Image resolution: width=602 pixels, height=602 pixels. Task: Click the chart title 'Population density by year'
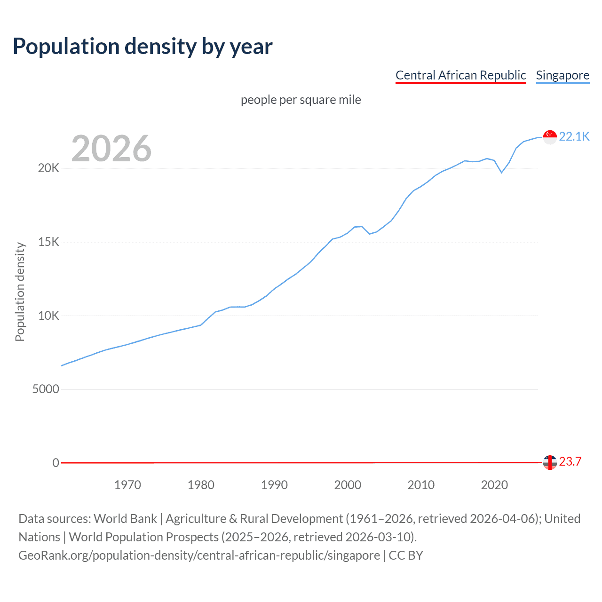(143, 47)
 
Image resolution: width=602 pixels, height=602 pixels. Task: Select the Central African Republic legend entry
(460, 75)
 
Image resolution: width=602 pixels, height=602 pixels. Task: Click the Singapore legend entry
(562, 75)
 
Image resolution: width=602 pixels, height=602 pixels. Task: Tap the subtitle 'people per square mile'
(301, 100)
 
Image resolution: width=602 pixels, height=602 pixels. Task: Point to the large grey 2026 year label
(111, 149)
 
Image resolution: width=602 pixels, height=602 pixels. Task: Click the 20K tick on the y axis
(48, 168)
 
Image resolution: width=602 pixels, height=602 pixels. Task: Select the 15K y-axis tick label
(48, 242)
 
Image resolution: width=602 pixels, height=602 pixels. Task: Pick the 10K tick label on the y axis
(48, 316)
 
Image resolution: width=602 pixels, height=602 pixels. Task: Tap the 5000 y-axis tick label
(46, 389)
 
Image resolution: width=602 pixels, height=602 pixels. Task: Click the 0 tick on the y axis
(55, 463)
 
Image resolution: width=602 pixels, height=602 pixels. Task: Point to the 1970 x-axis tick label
(127, 485)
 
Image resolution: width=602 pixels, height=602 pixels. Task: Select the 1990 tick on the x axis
(274, 485)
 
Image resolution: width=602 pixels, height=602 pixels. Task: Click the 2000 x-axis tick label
(348, 485)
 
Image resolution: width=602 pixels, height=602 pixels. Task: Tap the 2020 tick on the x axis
(494, 485)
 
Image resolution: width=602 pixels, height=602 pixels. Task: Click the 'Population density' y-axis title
(20, 292)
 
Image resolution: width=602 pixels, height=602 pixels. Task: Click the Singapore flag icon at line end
(550, 137)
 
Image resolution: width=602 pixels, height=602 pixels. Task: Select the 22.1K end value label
(574, 136)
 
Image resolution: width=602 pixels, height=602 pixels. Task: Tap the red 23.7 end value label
(570, 461)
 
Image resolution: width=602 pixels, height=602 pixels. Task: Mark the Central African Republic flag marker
(550, 462)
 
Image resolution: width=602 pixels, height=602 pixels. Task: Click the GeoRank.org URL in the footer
(199, 555)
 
